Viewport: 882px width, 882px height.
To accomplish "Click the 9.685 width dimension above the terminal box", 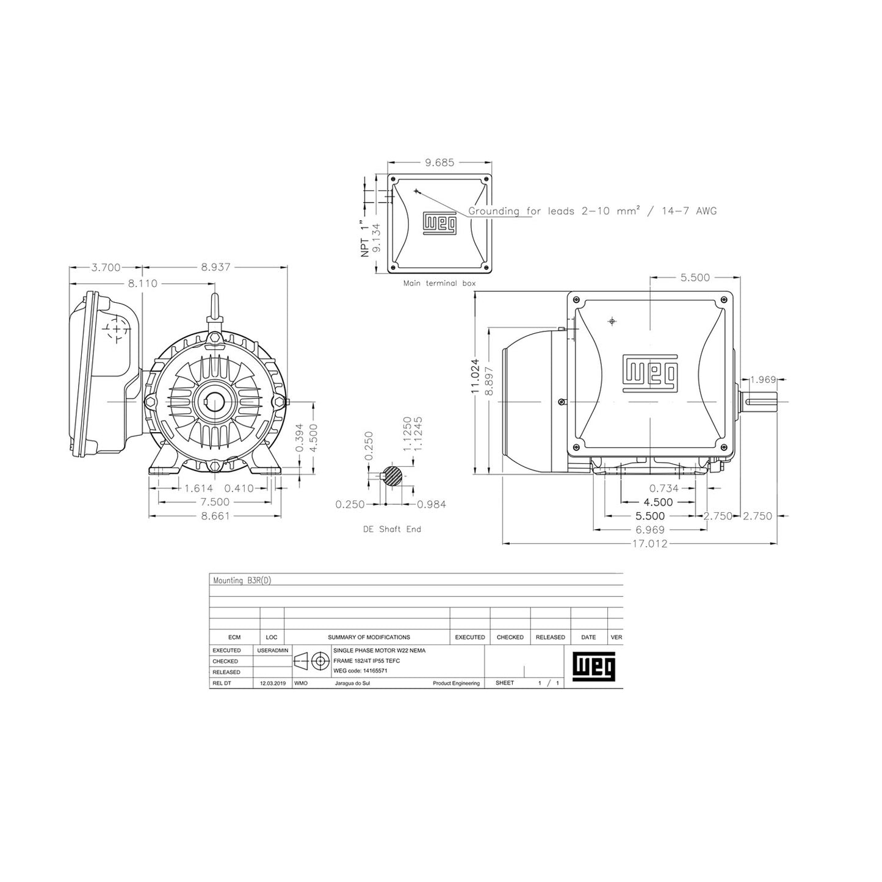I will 439,163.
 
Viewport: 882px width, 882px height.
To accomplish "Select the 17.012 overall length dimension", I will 649,544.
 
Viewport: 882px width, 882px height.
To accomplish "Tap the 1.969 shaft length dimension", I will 763,380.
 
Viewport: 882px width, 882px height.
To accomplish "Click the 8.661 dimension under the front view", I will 215,516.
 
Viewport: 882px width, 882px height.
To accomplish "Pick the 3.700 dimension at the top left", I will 106,267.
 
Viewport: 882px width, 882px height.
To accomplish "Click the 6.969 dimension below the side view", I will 649,530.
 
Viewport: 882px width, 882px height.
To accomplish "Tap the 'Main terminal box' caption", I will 439,283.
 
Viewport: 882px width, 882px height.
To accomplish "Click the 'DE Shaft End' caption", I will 391,529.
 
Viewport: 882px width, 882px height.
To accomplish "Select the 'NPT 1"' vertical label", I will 365,238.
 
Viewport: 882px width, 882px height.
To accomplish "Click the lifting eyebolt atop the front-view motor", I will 215,308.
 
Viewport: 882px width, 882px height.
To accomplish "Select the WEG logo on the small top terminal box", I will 440,224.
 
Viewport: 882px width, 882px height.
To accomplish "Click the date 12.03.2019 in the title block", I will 272,684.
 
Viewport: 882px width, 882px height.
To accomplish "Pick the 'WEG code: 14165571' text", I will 361,671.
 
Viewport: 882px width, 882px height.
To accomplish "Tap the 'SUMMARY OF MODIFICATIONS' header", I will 369,637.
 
